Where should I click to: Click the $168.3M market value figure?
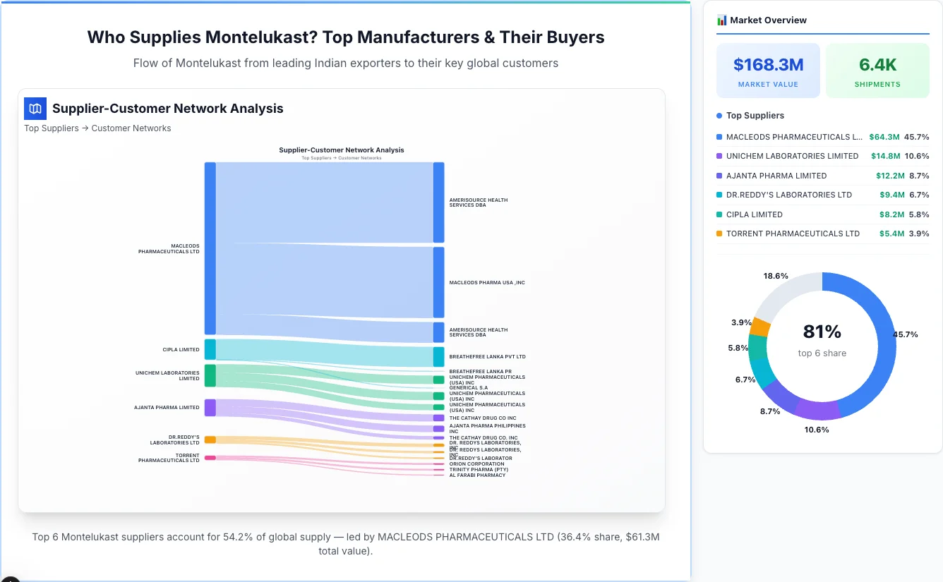coord(768,65)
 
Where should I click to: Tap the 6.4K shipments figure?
coord(877,65)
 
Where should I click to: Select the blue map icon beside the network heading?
coord(35,109)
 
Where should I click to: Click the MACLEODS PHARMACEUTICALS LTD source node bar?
coord(210,248)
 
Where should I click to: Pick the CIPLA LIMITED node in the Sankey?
coord(210,349)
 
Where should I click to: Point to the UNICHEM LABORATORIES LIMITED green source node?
coord(210,375)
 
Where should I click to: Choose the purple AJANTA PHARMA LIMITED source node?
coord(210,407)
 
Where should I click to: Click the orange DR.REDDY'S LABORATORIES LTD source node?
coord(210,439)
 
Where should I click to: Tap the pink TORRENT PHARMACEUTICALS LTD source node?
coord(210,458)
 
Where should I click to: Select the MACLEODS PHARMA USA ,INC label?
coord(487,283)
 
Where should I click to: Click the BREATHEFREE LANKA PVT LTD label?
coord(487,357)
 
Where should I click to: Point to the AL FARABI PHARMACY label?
coord(477,475)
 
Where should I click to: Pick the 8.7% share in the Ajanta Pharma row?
coord(917,176)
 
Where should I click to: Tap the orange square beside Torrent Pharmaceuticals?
coord(719,234)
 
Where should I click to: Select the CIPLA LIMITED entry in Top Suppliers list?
coord(754,214)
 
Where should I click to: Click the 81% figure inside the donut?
coord(822,332)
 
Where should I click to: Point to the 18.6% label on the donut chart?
coord(776,276)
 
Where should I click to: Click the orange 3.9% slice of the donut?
coord(760,327)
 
